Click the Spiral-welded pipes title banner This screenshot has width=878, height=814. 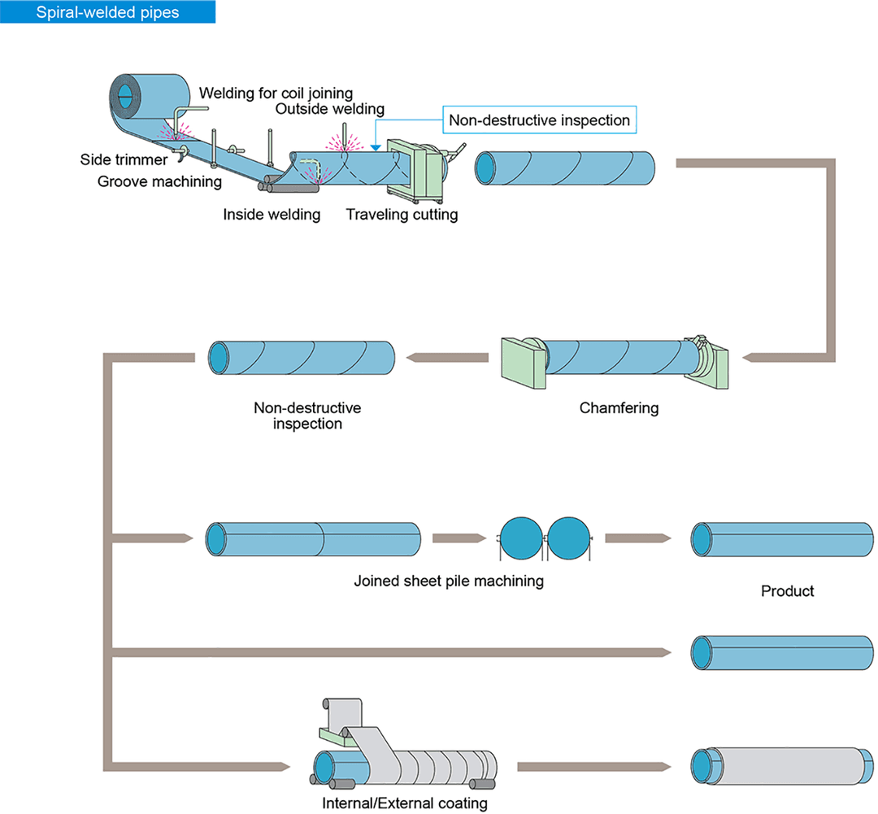click(x=108, y=12)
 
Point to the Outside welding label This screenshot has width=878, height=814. click(x=329, y=109)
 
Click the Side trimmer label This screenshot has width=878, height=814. click(x=124, y=159)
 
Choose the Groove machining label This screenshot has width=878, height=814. click(x=159, y=181)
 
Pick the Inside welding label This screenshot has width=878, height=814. click(x=272, y=215)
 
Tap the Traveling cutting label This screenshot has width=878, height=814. click(x=402, y=215)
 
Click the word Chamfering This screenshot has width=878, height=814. click(x=619, y=407)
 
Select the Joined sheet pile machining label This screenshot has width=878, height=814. click(x=448, y=581)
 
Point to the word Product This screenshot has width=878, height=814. click(x=787, y=591)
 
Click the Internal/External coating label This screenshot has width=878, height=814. click(x=405, y=803)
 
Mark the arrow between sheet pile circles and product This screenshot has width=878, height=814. click(x=638, y=538)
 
